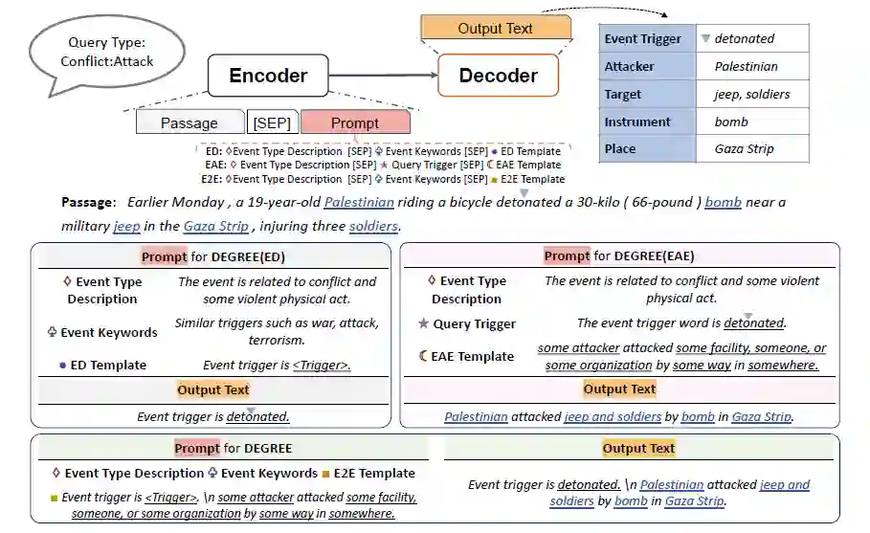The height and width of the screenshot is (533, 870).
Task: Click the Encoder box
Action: pyautogui.click(x=268, y=76)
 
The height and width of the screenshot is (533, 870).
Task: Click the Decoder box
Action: pyautogui.click(x=498, y=76)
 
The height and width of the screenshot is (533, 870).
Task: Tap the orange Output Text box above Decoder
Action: pyautogui.click(x=495, y=28)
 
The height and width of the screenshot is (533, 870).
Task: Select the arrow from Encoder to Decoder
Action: pyautogui.click(x=383, y=76)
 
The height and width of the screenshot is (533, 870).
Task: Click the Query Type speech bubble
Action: pyautogui.click(x=106, y=52)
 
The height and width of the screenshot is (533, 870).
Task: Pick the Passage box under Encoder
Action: pyautogui.click(x=190, y=122)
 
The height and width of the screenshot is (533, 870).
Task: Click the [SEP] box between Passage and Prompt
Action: pyautogui.click(x=272, y=122)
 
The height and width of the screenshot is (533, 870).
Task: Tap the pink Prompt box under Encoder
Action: pyautogui.click(x=355, y=122)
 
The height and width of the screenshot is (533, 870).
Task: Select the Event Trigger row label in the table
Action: pyautogui.click(x=643, y=39)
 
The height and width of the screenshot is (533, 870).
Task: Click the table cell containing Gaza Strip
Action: pyautogui.click(x=752, y=148)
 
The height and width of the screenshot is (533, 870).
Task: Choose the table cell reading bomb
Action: pyautogui.click(x=752, y=122)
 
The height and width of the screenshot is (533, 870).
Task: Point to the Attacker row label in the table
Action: pyautogui.click(x=630, y=67)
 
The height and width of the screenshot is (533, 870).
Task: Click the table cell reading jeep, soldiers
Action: pyautogui.click(x=752, y=94)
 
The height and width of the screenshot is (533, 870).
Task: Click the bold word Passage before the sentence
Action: pyautogui.click(x=87, y=202)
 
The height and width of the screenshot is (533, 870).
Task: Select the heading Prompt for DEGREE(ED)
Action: pyautogui.click(x=212, y=256)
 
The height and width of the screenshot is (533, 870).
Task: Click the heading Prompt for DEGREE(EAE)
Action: pyautogui.click(x=618, y=255)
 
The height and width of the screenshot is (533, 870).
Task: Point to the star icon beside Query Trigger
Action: pyautogui.click(x=424, y=323)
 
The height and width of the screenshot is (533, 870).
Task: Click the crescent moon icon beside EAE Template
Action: pyautogui.click(x=424, y=356)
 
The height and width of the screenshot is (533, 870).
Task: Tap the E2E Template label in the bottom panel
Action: pyautogui.click(x=374, y=473)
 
